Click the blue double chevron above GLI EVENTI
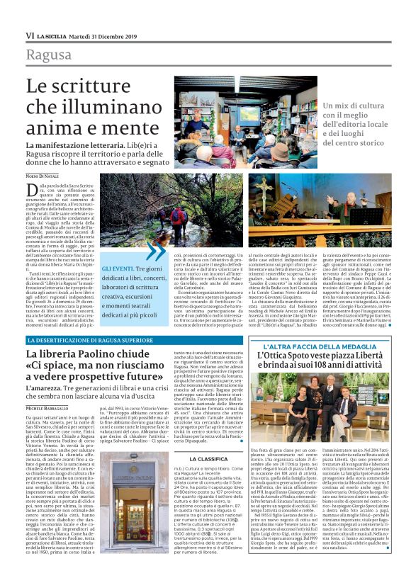pyautogui.click(x=155, y=251)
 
